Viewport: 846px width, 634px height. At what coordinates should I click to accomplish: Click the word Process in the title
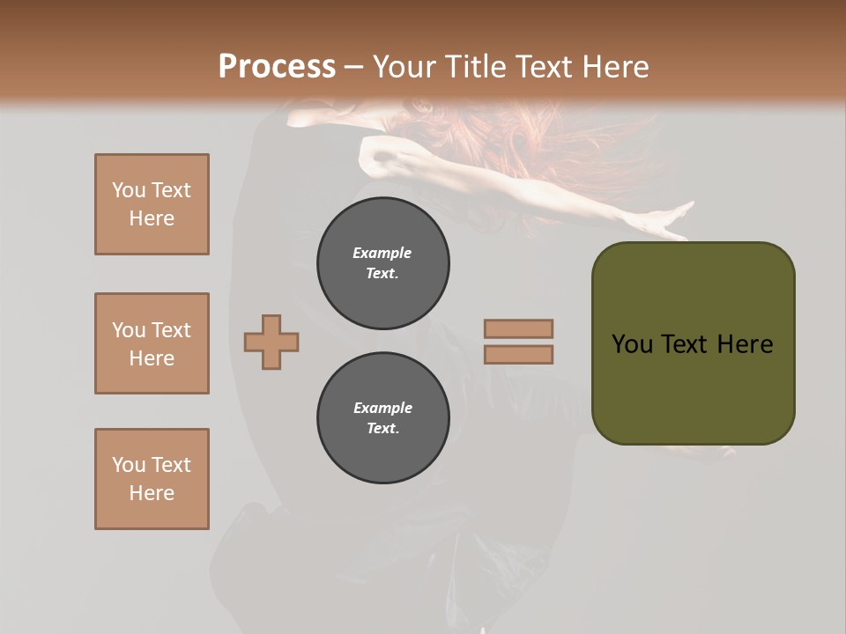point(277,66)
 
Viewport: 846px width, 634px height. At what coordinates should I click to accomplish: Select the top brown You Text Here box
point(152,204)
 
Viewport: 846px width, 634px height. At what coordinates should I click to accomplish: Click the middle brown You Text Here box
point(152,343)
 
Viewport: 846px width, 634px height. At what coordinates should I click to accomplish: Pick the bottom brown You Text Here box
point(152,479)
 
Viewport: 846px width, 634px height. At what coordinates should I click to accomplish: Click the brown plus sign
point(271,342)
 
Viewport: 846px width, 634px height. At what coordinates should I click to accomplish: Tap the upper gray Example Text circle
point(383,263)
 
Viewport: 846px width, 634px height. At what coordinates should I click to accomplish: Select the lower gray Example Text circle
point(383,418)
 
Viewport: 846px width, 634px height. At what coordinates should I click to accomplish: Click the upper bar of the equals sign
point(518,328)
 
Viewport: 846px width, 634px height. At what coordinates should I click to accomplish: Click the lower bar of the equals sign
point(518,354)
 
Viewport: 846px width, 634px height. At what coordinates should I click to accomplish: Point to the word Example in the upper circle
point(382,253)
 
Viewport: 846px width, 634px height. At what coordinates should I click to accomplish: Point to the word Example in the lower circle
point(382,408)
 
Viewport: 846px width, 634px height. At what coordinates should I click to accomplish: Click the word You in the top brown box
point(129,190)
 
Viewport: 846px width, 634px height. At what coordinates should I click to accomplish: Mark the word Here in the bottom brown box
point(152,493)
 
